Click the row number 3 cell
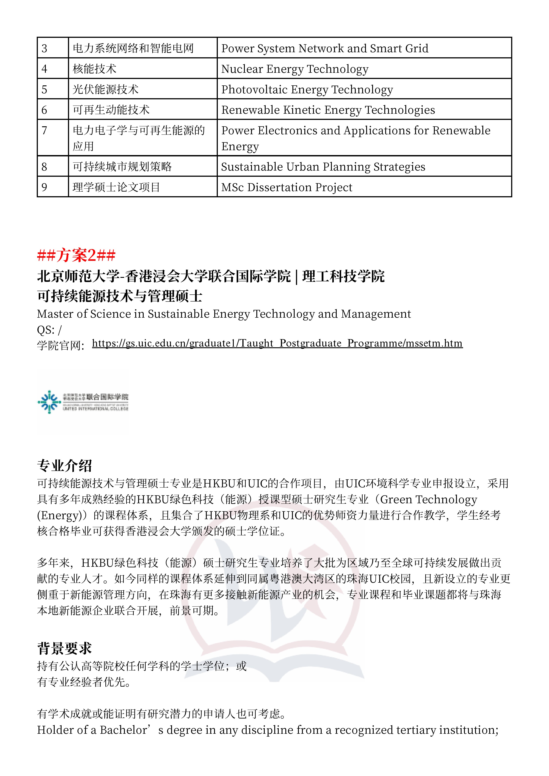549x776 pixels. pyautogui.click(x=52, y=48)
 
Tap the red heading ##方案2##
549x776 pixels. pyautogui.click(x=76, y=255)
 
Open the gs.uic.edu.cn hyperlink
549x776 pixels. pyautogui.click(x=277, y=343)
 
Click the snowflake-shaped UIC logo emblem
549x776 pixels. pyautogui.click(x=49, y=402)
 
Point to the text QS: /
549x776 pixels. pyautogui.click(x=49, y=330)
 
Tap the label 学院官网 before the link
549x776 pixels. pyautogui.click(x=60, y=345)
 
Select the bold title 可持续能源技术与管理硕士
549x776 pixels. pyautogui.click(x=120, y=296)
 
